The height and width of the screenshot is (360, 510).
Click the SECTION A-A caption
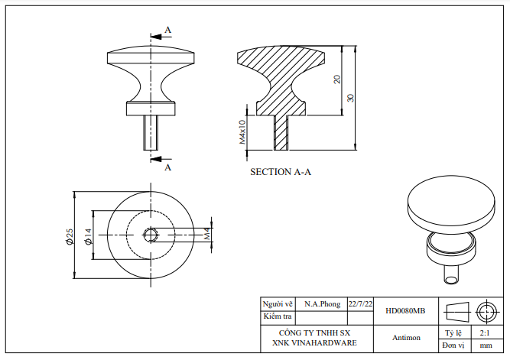click(281, 172)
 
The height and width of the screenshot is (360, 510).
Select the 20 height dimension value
click(337, 79)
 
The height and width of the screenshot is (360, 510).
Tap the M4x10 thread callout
click(242, 131)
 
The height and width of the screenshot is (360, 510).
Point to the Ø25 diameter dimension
click(69, 236)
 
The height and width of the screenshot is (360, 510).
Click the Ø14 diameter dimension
click(87, 236)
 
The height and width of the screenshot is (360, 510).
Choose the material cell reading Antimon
click(406, 337)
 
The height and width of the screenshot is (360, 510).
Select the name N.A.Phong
click(322, 303)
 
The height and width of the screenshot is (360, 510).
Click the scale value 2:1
click(485, 333)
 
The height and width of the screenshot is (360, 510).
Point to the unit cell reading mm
click(485, 345)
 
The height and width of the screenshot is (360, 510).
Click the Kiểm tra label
click(278, 316)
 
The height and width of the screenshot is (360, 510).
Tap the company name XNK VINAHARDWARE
click(314, 343)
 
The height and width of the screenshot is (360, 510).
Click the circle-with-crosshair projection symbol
click(486, 312)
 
